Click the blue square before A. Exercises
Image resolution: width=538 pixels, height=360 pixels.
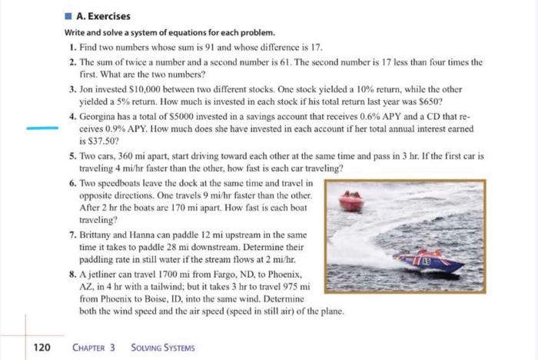point(68,15)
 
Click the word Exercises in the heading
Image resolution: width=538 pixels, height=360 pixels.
point(109,15)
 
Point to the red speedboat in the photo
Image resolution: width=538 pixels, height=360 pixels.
point(351,202)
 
